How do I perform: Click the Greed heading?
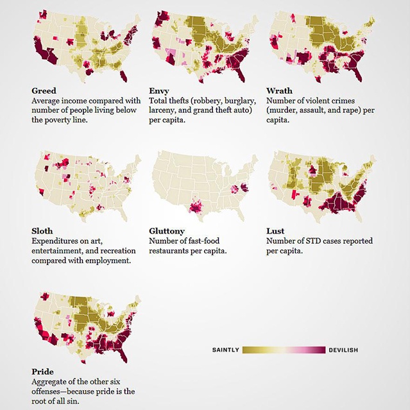(x=44, y=91)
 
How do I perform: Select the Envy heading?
(x=159, y=91)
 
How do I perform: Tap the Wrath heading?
(x=279, y=91)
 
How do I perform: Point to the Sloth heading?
(x=42, y=231)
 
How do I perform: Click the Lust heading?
(x=275, y=231)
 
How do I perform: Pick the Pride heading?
(x=43, y=371)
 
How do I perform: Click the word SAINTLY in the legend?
(x=225, y=350)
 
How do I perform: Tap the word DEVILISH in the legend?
(x=343, y=350)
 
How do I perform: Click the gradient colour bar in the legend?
(x=284, y=350)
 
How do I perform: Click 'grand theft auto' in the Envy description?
(x=216, y=110)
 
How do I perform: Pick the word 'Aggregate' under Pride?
(x=49, y=382)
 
